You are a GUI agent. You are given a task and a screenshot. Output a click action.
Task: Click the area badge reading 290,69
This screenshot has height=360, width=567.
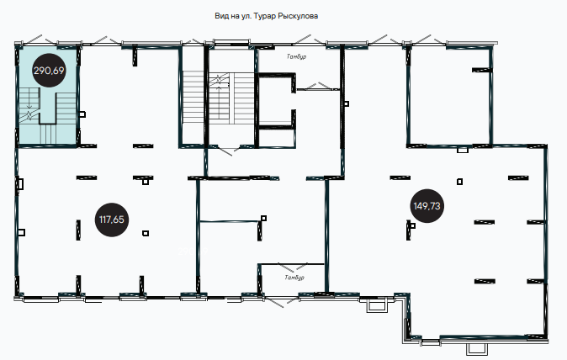pos(49,70)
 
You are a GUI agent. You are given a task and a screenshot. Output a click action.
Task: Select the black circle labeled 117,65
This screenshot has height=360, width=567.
pos(111,220)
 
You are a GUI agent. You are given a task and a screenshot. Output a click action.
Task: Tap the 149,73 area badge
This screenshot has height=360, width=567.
pos(427,206)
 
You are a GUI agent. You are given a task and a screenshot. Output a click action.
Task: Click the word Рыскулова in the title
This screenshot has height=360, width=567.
pos(298,16)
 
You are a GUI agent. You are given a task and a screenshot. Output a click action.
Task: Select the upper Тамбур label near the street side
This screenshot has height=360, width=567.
pos(296,56)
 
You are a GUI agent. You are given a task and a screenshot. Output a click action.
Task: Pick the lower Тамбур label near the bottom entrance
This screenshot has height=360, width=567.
pos(294,278)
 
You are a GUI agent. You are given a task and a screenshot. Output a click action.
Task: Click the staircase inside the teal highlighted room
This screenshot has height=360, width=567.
pos(47,116)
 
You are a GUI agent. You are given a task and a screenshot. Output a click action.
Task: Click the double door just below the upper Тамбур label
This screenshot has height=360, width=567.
pos(317,87)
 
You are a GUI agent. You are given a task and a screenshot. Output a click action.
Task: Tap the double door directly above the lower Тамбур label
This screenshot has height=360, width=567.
pos(292,267)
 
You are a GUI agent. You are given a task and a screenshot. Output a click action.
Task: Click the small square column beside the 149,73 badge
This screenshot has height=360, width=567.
pos(412,226)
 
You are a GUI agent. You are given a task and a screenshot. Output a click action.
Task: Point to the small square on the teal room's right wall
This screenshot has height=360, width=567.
pos(82,114)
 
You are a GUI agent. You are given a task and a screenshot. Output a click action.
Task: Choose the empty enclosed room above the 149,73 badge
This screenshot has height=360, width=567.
pos(450,96)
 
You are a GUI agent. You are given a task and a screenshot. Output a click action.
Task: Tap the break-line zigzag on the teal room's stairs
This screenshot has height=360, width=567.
pos(29,116)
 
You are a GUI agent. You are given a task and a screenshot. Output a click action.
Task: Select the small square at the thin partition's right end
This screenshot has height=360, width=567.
pos(263,218)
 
